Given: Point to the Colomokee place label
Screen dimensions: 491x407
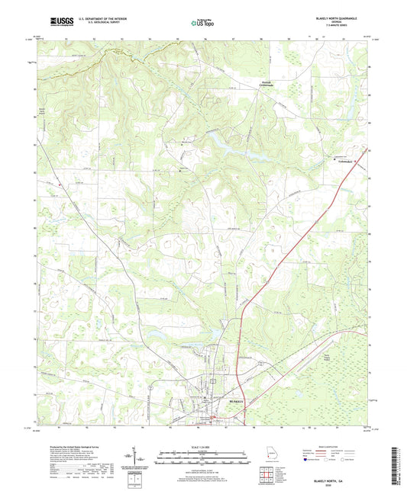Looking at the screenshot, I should (341, 160).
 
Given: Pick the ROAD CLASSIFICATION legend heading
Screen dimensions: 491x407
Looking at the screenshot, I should (328, 446).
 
